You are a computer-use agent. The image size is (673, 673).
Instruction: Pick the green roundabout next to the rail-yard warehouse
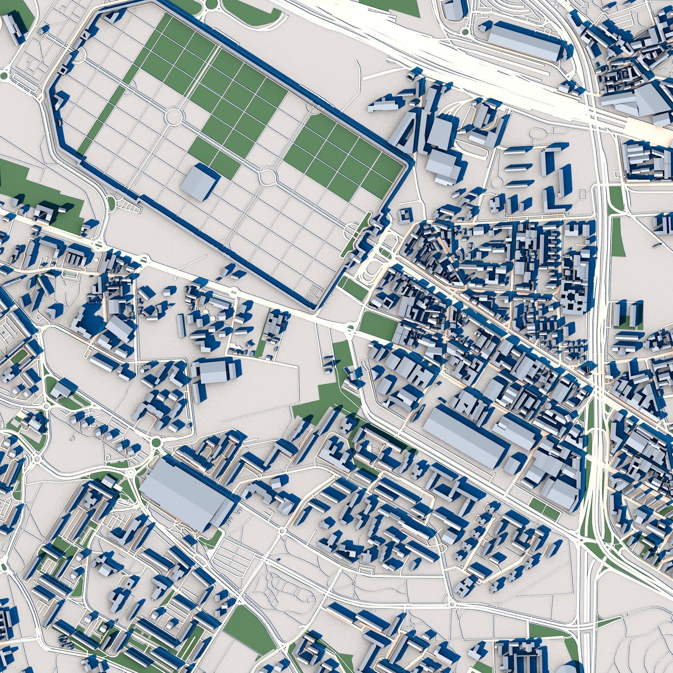(465, 32)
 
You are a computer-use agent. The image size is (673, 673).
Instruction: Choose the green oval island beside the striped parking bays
(111, 202)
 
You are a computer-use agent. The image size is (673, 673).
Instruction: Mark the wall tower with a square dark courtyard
(63, 70)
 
